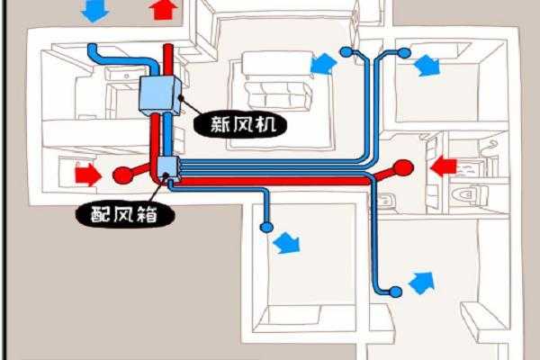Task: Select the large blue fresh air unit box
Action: coord(160,94)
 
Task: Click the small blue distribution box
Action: coord(166,167)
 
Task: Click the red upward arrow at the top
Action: coord(163,10)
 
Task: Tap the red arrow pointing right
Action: coord(87,173)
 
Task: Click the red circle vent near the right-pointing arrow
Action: coord(121,173)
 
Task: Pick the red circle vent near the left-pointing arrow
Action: coord(403,166)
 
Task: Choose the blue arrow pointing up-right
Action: coord(420,283)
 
